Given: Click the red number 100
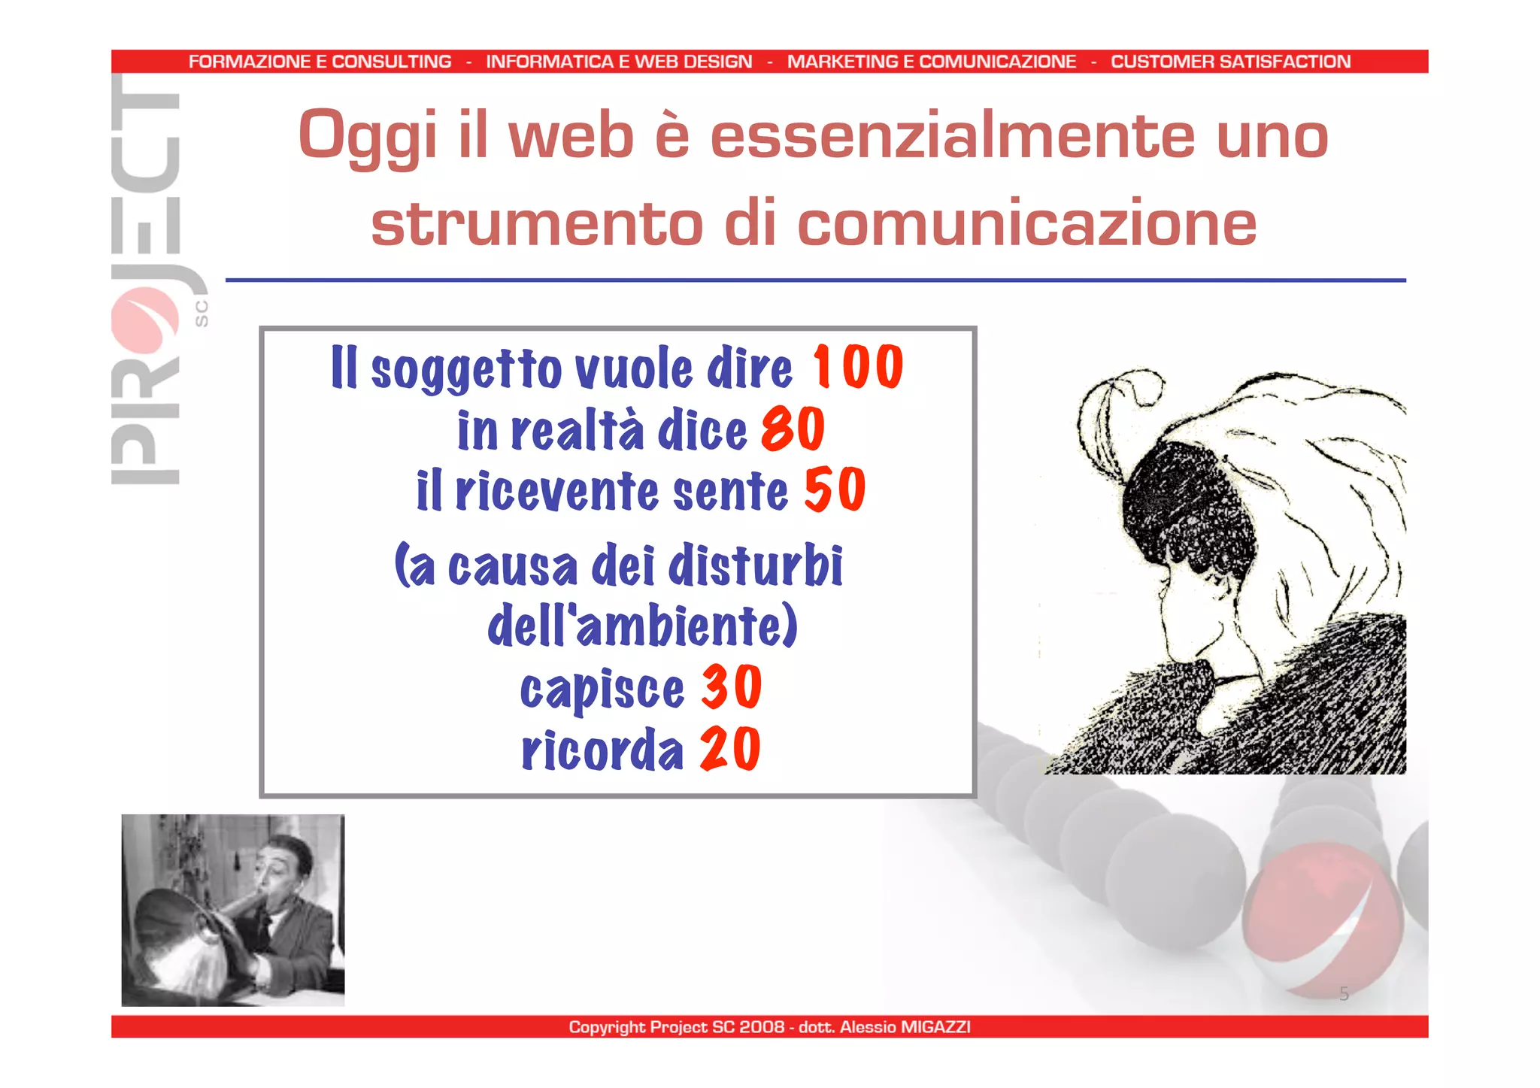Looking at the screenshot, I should coord(857,367).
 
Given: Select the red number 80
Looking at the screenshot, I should coord(793,429).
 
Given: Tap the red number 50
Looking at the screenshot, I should coord(835,490).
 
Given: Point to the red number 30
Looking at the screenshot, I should coord(731,687).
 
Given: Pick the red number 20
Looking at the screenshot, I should coord(730,749).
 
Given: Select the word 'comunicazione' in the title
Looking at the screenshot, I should coord(1026,224).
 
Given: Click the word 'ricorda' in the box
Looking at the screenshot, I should coord(602,750).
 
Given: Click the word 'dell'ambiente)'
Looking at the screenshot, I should coord(642,626).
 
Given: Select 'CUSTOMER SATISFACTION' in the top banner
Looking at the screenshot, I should coord(1230,62).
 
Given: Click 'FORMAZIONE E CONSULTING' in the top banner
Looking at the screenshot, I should coord(320,62).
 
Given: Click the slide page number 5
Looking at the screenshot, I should coord(1344,994).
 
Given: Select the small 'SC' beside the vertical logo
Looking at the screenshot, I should coord(201,314).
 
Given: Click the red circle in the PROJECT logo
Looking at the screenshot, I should coord(145,321).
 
